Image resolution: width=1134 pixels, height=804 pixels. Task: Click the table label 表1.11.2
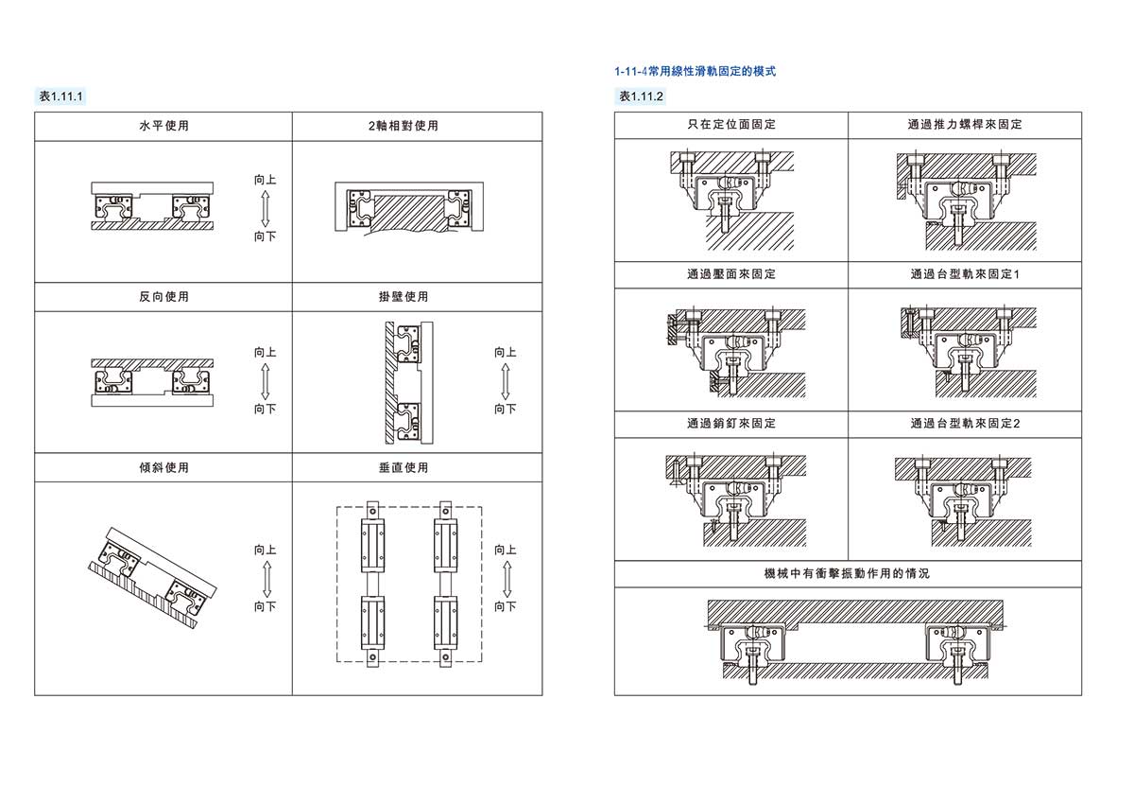641,96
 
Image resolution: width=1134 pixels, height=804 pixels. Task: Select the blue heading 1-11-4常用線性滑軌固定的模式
695,71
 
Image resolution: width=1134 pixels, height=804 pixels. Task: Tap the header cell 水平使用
163,126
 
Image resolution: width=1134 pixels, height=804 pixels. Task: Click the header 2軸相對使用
417,126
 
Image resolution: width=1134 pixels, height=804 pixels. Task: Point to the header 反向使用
163,297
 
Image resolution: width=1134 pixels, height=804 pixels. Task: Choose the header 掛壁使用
417,297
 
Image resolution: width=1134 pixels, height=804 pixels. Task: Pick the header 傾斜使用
163,467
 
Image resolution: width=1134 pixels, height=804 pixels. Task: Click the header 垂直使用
417,467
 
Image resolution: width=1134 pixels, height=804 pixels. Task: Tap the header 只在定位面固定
730,125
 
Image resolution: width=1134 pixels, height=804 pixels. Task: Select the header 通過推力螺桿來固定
965,125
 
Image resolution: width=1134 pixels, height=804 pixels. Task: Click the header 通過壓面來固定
730,275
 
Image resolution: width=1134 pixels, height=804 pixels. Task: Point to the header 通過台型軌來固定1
965,275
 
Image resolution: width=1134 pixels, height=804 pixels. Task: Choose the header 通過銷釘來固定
730,424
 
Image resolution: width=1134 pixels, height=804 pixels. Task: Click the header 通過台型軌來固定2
965,424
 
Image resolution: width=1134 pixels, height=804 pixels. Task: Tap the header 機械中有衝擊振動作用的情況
847,574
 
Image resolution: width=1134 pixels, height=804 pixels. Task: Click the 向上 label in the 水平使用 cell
265,180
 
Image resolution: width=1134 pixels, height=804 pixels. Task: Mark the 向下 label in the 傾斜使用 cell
265,606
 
